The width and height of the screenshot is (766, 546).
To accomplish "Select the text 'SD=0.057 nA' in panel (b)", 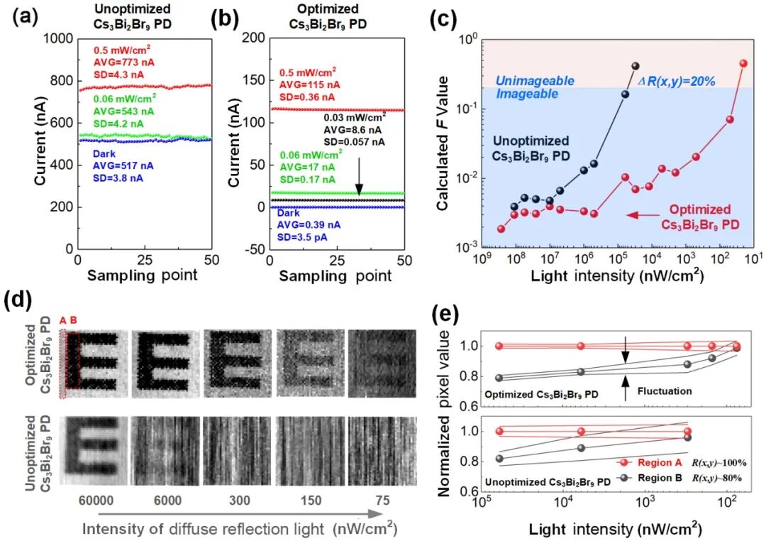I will click(x=355, y=142).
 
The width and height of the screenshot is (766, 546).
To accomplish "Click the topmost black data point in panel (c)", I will click(x=635, y=66).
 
